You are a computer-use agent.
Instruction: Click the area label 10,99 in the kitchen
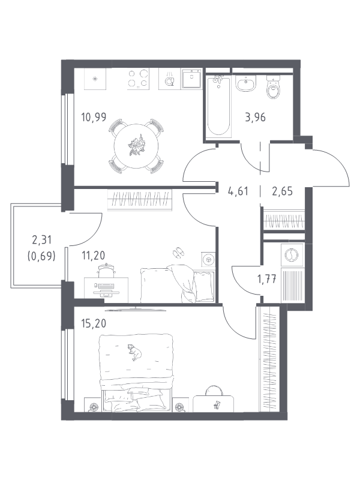[x=94, y=117]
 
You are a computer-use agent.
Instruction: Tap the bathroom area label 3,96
[x=256, y=117]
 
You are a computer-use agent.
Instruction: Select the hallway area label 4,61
[x=238, y=191]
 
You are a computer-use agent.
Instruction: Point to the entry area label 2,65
[x=282, y=191]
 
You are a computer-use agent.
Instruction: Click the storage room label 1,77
[x=267, y=279]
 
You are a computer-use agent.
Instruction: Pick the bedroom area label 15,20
[x=94, y=323]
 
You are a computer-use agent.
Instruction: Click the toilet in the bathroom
[x=274, y=87]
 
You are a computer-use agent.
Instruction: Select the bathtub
[x=218, y=106]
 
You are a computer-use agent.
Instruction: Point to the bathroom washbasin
[x=246, y=83]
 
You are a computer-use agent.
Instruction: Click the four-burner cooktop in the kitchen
[x=139, y=79]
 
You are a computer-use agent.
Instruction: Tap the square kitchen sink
[x=191, y=79]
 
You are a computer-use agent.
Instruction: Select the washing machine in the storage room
[x=292, y=254]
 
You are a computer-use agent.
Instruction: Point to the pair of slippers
[x=178, y=252]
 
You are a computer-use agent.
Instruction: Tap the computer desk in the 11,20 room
[x=106, y=290]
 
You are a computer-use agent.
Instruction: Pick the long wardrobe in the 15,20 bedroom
[x=269, y=359]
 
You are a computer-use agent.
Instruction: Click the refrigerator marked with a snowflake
[x=95, y=79]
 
